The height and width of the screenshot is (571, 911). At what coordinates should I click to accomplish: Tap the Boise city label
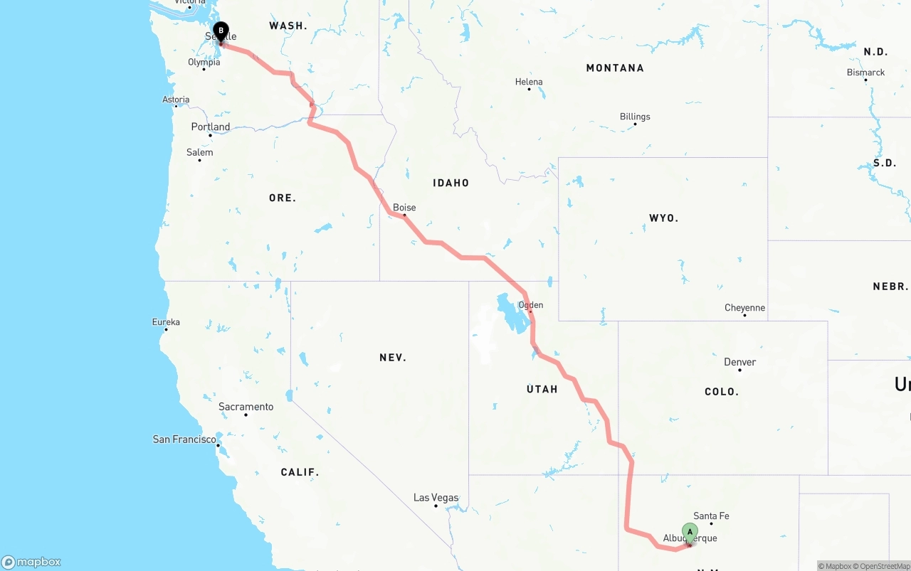404,208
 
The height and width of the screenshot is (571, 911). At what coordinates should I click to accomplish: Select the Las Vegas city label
436,498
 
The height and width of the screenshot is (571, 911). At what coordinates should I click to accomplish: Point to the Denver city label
740,362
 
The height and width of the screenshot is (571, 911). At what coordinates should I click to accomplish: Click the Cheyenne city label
744,308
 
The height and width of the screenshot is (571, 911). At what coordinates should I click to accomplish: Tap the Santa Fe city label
711,516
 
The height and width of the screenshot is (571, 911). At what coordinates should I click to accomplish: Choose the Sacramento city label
246,407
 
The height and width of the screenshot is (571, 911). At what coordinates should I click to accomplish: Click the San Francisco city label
184,439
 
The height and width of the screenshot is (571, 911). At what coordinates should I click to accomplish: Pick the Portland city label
211,127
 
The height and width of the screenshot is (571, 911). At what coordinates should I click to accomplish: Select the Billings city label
635,117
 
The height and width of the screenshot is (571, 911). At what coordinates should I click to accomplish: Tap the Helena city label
529,82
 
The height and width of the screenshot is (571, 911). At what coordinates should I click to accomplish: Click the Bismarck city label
865,73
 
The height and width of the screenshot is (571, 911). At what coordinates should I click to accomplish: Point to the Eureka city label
166,322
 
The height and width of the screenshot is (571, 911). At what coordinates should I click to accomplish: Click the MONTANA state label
615,68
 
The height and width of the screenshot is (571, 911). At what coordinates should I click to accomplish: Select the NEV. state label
393,358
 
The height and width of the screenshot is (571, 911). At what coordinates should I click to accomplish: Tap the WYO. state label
663,218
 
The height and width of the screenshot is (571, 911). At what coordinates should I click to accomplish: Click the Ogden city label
531,305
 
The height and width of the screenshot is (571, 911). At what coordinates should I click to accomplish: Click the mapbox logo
31,562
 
